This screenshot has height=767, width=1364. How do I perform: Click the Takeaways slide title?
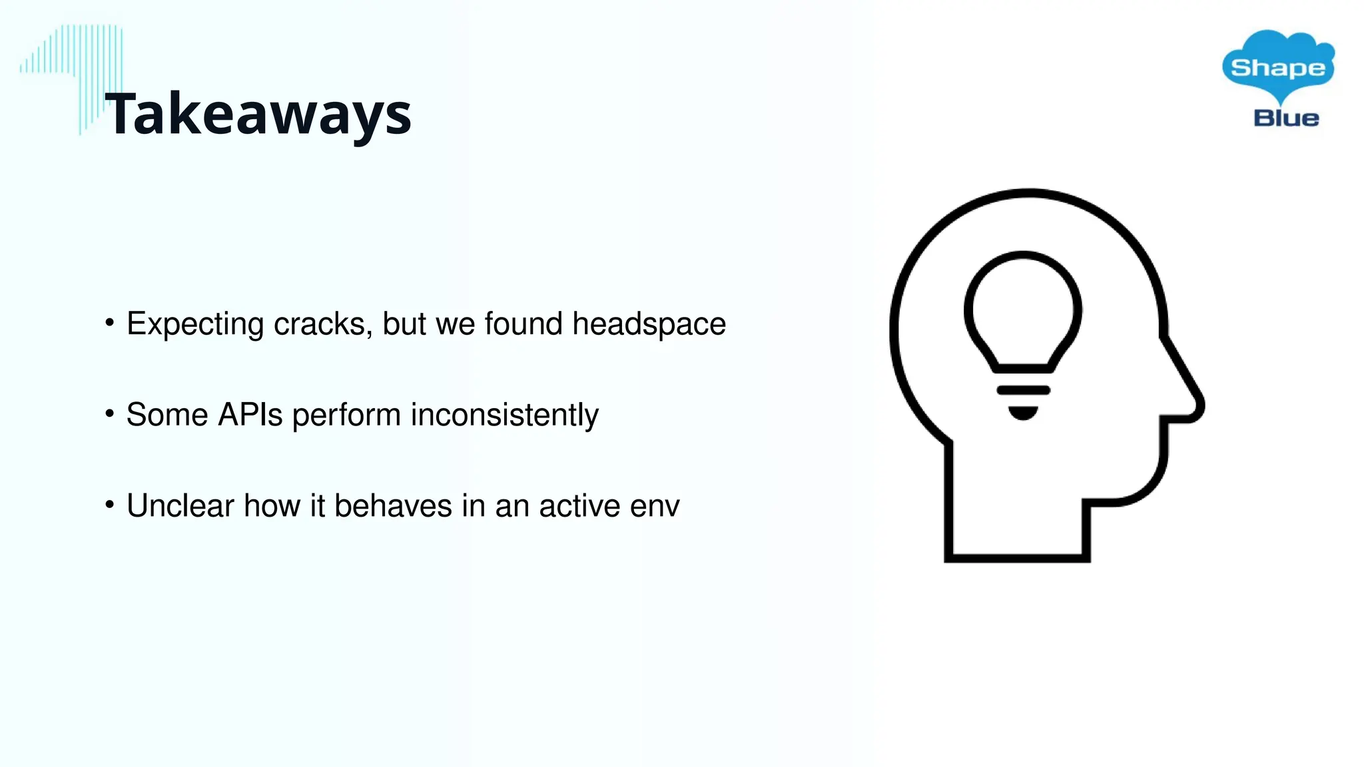258,115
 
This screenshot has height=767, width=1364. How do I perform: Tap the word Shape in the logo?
1277,68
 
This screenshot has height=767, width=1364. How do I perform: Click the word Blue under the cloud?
1286,119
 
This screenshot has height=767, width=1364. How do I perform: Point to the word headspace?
649,324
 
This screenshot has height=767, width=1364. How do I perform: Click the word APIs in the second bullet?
250,415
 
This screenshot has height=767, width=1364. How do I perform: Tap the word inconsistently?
504,415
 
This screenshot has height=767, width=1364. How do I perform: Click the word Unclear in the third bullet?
180,506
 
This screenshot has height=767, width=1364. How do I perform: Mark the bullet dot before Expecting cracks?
110,324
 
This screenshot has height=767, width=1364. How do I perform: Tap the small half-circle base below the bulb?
1023,413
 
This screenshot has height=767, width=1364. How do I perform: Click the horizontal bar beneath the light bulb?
1023,390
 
